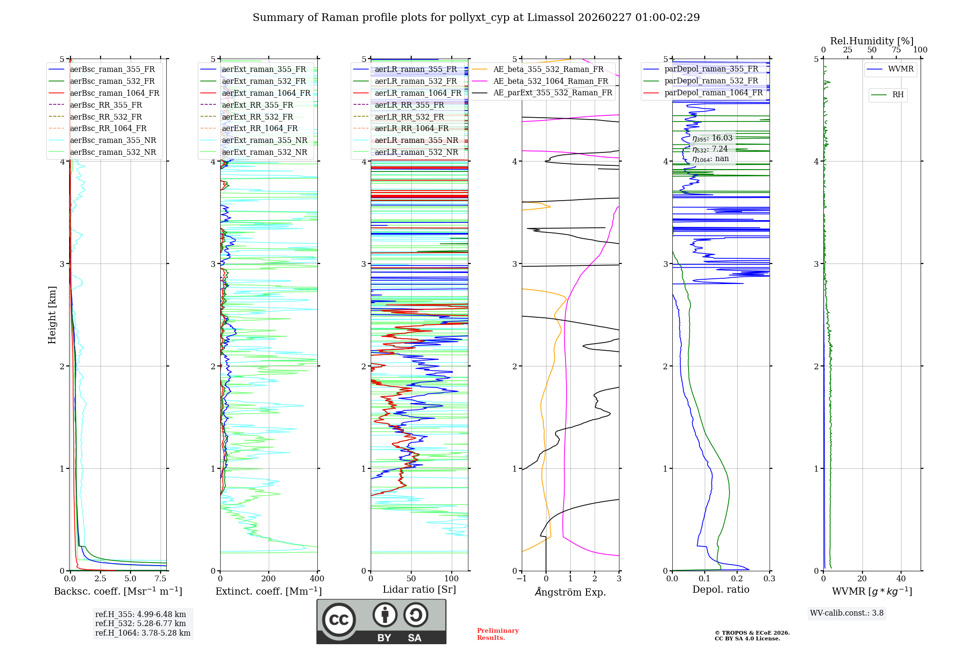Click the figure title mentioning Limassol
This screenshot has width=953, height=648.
pyautogui.click(x=476, y=18)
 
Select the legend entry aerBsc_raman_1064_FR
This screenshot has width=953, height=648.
pyautogui.click(x=114, y=93)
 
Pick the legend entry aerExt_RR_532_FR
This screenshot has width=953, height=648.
pyautogui.click(x=257, y=117)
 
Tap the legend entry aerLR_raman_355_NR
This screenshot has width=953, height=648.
pyautogui.click(x=416, y=140)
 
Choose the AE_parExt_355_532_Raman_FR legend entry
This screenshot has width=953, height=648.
pyautogui.click(x=552, y=92)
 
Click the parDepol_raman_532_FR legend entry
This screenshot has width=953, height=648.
pyautogui.click(x=711, y=81)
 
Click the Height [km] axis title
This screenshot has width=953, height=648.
pyautogui.click(x=52, y=314)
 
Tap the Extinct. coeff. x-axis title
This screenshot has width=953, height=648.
pyautogui.click(x=269, y=591)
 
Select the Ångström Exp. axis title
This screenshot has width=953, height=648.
pyautogui.click(x=570, y=592)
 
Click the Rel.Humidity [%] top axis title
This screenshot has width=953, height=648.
pyautogui.click(x=872, y=41)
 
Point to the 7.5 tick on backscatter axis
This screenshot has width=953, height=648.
pyautogui.click(x=161, y=579)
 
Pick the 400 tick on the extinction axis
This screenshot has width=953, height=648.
pyautogui.click(x=317, y=579)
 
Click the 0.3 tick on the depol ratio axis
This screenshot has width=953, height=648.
pyautogui.click(x=769, y=579)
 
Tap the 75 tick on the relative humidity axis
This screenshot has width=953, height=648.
pyautogui.click(x=896, y=50)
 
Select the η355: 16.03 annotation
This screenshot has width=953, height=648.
pyautogui.click(x=712, y=138)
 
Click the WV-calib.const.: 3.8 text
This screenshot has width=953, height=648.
pyautogui.click(x=847, y=613)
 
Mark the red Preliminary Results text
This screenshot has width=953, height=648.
pyautogui.click(x=497, y=634)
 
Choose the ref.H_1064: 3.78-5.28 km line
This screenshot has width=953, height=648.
pyautogui.click(x=142, y=633)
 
